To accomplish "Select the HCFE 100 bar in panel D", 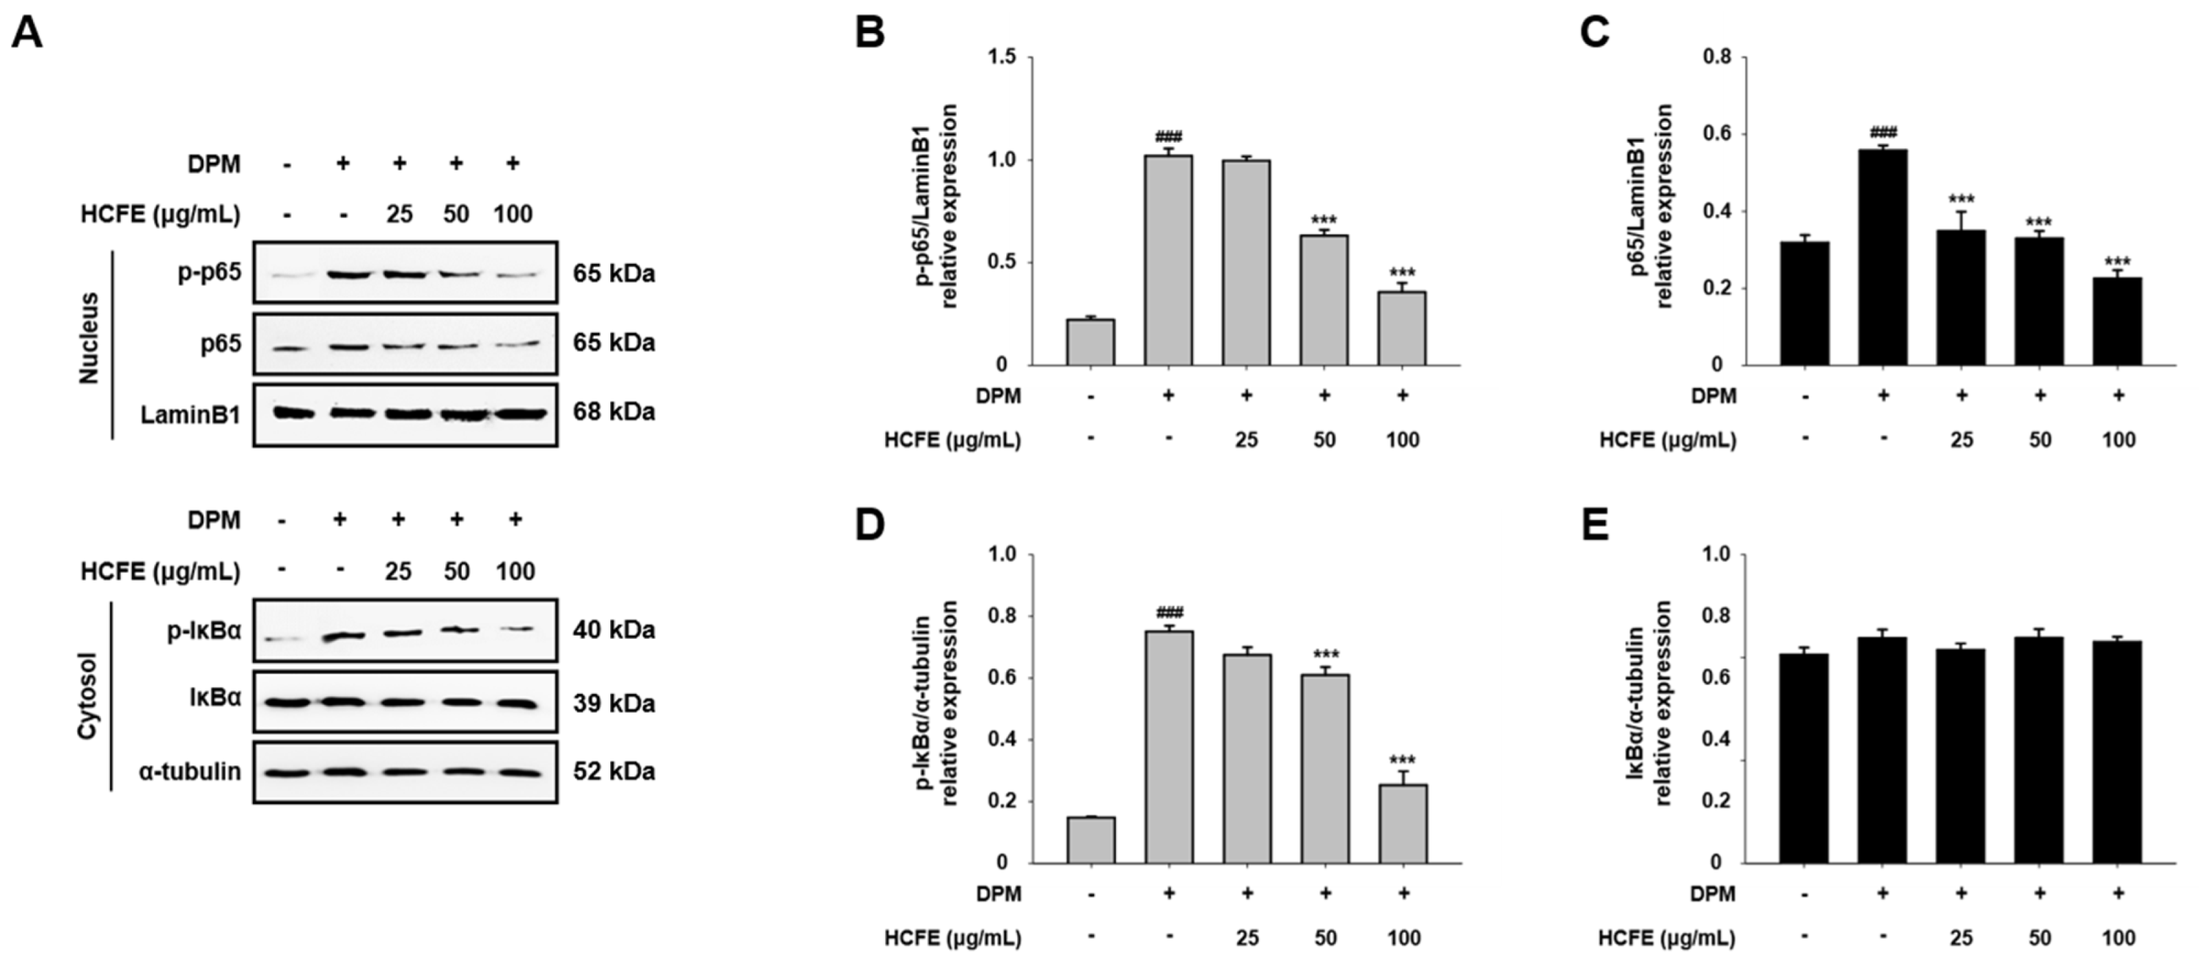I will coord(1403,824).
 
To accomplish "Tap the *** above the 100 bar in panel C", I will coord(2117,262).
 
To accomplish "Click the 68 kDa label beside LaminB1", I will coord(614,412).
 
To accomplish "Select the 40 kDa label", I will coord(614,631).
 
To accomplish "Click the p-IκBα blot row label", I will coord(204,631).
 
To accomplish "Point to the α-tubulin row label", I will coord(190,772).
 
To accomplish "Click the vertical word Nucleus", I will coord(89,339).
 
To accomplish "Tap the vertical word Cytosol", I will coord(88,697).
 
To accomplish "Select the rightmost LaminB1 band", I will coord(519,414).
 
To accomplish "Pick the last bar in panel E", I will coord(2117,751).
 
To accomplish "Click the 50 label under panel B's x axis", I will coord(1324,440).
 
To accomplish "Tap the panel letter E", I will coord(1593,526).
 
